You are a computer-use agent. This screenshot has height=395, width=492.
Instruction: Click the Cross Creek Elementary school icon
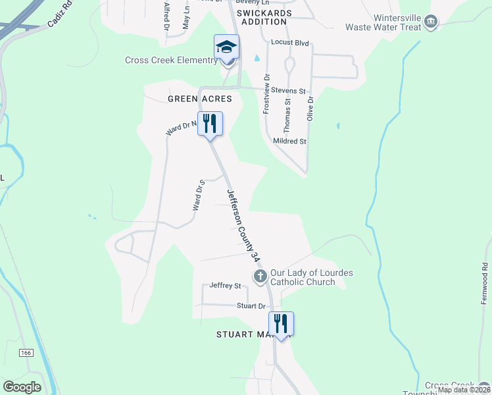click(226, 47)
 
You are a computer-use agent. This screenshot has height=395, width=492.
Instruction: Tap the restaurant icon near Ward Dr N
click(210, 124)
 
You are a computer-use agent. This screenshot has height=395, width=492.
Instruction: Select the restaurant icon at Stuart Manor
click(281, 324)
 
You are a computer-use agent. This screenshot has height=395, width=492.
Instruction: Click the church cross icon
click(260, 275)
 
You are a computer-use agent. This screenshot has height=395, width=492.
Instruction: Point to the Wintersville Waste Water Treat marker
click(431, 22)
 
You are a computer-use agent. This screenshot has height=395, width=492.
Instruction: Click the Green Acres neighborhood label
click(200, 99)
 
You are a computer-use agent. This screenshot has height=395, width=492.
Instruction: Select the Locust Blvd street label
click(290, 42)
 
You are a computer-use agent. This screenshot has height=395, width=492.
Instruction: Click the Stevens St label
click(293, 90)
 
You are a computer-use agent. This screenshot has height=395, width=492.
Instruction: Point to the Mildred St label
click(290, 141)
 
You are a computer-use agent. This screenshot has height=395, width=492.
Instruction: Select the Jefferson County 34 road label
click(241, 223)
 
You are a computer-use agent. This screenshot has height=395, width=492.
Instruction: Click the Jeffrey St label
click(226, 286)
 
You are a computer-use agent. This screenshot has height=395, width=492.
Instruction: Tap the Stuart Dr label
click(251, 306)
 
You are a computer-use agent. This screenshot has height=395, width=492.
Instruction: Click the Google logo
click(22, 386)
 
